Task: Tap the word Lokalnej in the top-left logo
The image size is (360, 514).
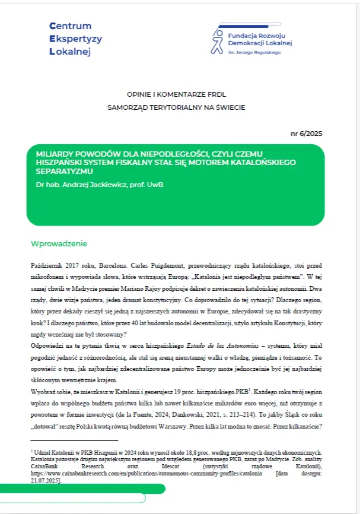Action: coord(70,52)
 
